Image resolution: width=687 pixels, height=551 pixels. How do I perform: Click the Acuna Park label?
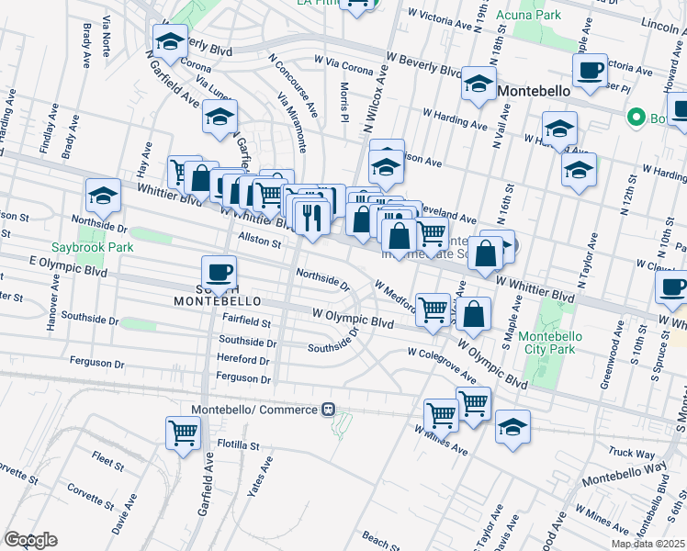[547, 16]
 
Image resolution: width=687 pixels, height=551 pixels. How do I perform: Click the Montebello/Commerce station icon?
[326, 409]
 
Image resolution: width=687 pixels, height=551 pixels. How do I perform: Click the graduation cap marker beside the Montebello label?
[478, 84]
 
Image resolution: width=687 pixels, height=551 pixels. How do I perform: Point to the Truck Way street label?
[631, 453]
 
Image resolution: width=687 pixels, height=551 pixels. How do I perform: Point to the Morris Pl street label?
[344, 102]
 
